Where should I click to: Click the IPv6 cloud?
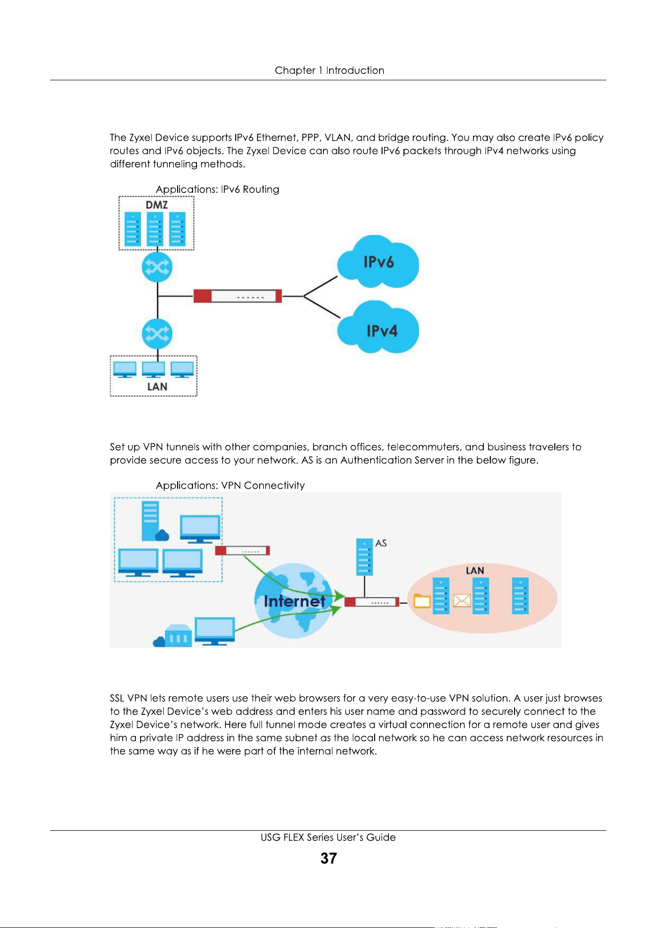point(378,262)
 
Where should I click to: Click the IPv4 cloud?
point(378,327)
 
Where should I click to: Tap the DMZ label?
point(156,205)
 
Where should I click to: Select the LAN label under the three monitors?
point(157,387)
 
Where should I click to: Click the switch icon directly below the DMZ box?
point(157,268)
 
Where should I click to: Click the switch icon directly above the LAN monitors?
point(157,334)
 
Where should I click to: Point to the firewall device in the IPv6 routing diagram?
point(238,296)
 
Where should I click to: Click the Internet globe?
point(294,600)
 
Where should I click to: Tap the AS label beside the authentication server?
point(381,543)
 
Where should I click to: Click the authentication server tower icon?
point(365,557)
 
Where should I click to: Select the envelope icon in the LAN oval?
point(462,601)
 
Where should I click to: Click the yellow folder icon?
point(422,601)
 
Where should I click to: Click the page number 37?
point(328,858)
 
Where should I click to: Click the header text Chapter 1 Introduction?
point(329,70)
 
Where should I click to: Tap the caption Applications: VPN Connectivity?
point(230,485)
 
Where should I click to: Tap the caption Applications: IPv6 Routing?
point(217,189)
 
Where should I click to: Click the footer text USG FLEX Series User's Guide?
point(328,837)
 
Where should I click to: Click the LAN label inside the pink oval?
point(474,571)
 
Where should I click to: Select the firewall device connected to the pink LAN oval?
point(372,602)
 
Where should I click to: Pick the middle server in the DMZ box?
point(155,229)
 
